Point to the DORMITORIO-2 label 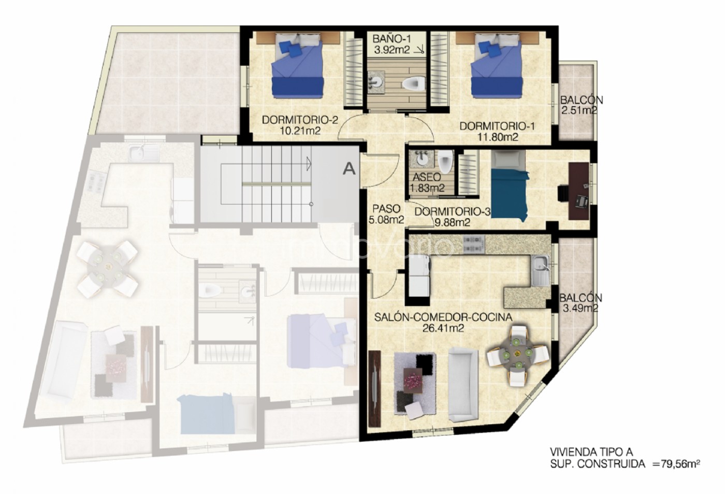click(300, 120)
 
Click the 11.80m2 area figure click(498, 137)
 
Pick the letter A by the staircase click(349, 168)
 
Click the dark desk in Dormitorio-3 click(579, 191)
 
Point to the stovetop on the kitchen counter click(474, 244)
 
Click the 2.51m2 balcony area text click(579, 111)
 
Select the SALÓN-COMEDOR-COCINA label click(443, 317)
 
